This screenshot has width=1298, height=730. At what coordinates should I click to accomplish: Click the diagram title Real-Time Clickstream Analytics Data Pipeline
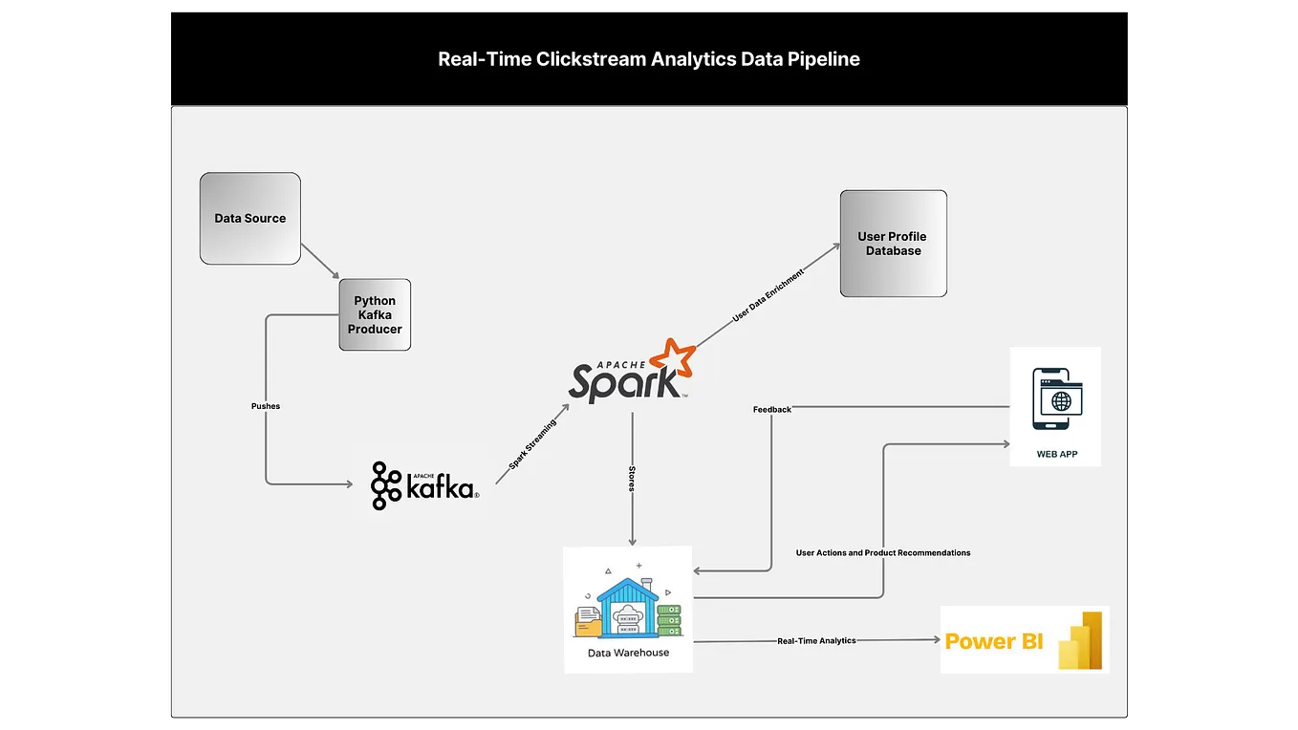tap(649, 59)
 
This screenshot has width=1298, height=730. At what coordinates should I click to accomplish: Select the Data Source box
tap(250, 219)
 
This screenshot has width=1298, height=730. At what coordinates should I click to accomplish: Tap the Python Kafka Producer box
tap(375, 315)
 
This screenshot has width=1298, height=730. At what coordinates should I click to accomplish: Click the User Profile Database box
tap(893, 244)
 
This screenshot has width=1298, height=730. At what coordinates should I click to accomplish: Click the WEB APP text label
tap(1056, 454)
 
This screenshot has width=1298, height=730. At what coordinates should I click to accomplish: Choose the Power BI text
tap(994, 641)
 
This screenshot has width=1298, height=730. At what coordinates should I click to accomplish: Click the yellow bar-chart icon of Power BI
tap(1080, 640)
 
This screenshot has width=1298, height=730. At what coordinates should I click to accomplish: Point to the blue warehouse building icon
tap(628, 607)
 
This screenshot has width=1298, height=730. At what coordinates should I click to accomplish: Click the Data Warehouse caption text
tap(628, 654)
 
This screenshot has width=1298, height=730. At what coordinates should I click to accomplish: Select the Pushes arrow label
tap(266, 406)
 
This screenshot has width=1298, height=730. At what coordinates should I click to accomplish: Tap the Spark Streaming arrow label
tap(532, 445)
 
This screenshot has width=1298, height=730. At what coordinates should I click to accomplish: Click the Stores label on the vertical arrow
tap(631, 479)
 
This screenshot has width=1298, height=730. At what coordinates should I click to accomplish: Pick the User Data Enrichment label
tap(768, 296)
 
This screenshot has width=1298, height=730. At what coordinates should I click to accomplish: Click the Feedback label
tap(771, 410)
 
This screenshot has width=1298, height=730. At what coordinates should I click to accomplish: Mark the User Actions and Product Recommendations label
tap(882, 553)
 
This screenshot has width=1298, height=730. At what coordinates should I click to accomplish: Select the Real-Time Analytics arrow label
tap(816, 641)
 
